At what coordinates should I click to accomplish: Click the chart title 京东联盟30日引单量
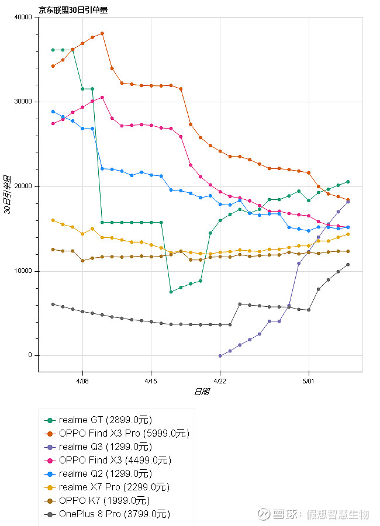(x=73, y=9)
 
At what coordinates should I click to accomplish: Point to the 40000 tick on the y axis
(x=23, y=18)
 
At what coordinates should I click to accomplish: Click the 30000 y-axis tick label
(x=23, y=102)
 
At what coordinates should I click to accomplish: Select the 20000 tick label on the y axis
(x=23, y=186)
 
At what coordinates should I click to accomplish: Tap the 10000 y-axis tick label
(x=23, y=271)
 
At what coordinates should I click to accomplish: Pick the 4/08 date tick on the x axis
(x=82, y=380)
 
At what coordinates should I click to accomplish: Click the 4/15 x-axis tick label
(x=151, y=380)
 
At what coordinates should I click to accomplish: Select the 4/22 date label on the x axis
(x=220, y=380)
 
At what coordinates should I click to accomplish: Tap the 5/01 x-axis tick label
(x=308, y=380)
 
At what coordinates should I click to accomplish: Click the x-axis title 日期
(x=201, y=392)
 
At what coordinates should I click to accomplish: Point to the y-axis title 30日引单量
(x=8, y=195)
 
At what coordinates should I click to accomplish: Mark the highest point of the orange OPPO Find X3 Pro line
(x=102, y=33)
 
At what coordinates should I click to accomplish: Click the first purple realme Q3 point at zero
(x=220, y=355)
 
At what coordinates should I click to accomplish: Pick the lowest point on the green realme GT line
(x=171, y=292)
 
